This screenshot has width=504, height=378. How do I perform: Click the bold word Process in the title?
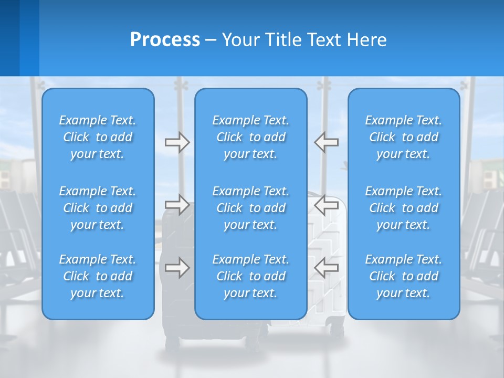tap(165, 40)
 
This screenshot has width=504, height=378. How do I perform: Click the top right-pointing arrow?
tap(177, 142)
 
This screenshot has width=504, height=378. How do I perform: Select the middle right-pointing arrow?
tap(177, 205)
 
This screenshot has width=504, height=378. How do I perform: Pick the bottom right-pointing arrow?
tap(177, 268)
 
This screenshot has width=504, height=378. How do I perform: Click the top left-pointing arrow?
tap(326, 142)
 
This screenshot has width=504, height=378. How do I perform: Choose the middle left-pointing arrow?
tap(326, 205)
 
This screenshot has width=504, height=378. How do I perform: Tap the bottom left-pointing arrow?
tap(326, 268)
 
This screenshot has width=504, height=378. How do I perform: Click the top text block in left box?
tap(98, 137)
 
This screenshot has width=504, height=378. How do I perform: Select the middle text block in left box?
tap(98, 208)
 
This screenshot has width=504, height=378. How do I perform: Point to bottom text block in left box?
tap(98, 276)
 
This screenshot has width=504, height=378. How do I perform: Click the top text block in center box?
tap(250, 137)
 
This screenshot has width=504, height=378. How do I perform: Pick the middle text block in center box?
tap(250, 208)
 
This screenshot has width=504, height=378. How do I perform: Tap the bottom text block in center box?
tap(250, 276)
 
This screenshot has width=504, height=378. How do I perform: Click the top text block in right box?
tap(403, 137)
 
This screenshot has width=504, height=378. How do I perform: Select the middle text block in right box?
tap(403, 208)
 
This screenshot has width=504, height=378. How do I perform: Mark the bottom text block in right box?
tap(403, 276)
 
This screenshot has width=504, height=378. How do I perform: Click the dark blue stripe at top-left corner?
tap(9, 38)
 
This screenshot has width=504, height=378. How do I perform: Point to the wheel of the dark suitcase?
tap(172, 344)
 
